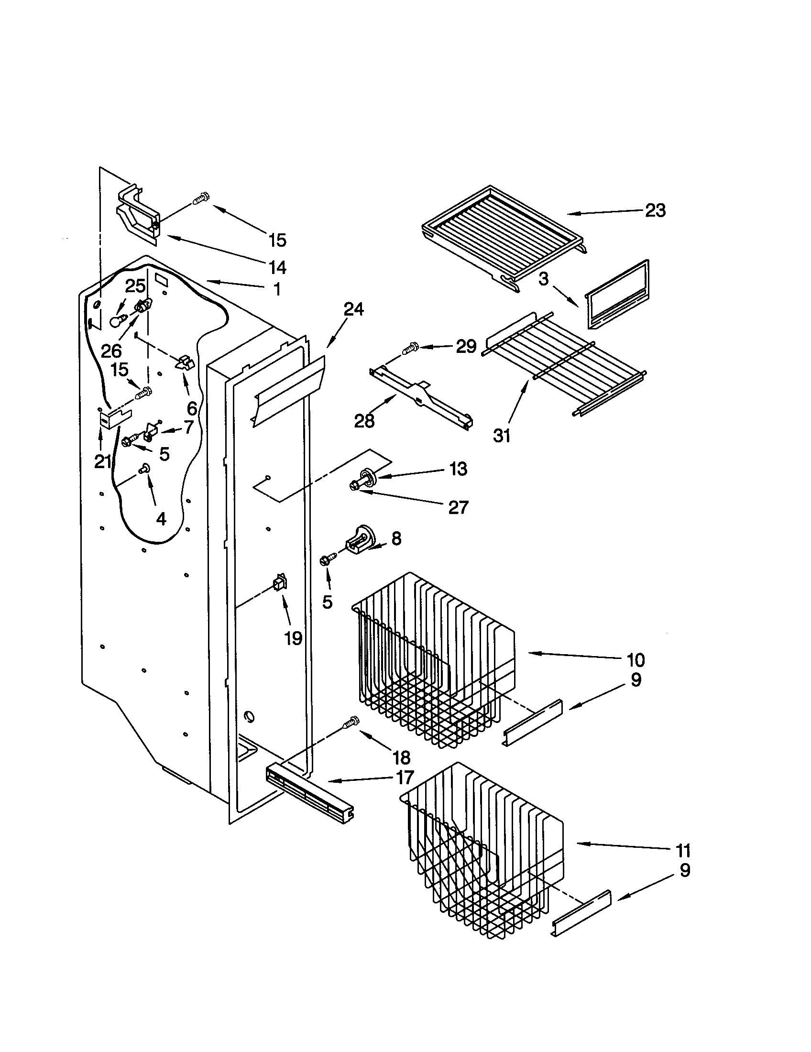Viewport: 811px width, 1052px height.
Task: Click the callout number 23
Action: pos(655,210)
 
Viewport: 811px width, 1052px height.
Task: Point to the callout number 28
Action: pos(364,420)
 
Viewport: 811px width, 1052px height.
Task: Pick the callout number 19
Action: pos(293,638)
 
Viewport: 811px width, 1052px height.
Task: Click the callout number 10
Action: pos(635,659)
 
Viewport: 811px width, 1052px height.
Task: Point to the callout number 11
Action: pos(683,851)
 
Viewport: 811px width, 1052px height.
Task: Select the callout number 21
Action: pos(103,462)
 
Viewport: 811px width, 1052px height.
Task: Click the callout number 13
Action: pos(458,468)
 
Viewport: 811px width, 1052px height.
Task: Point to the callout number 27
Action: pos(458,507)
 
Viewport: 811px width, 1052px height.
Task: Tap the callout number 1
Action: pos(276,288)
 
